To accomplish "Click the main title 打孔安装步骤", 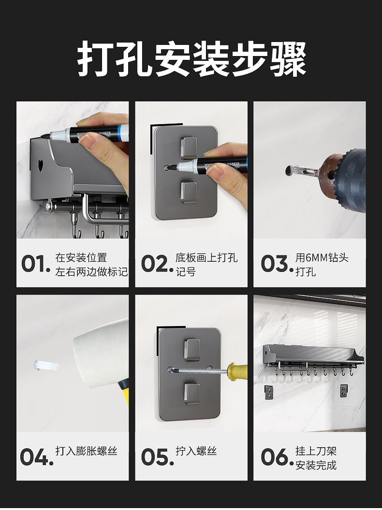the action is coord(192,59).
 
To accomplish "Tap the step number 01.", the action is coord(36,264).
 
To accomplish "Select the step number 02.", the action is coord(157,264).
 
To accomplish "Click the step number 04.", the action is coord(37,457).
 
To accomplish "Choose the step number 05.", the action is coord(157,457).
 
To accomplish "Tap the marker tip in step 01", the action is coord(44,137).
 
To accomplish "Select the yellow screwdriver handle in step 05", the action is coord(237,370).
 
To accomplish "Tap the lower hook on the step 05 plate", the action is coord(192,394).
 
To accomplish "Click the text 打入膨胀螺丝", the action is coord(86,451).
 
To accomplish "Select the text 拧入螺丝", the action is coord(196,451).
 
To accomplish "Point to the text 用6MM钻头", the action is coord(322,258).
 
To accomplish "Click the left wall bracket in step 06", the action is coord(268,392).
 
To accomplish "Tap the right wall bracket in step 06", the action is coord(344,391).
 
